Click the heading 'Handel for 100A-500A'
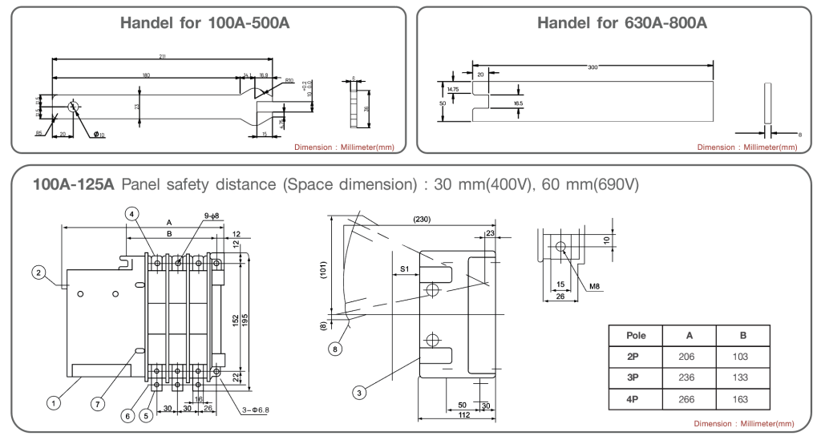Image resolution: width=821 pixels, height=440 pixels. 204,23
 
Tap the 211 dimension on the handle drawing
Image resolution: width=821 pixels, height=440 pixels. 163,57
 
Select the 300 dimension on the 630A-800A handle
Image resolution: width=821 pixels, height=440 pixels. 592,67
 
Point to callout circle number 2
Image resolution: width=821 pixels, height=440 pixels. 38,272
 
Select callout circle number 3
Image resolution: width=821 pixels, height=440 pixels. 360,392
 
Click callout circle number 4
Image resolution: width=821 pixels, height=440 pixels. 132,213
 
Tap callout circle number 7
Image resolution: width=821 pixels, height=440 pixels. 98,403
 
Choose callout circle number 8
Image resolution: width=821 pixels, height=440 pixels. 334,349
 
